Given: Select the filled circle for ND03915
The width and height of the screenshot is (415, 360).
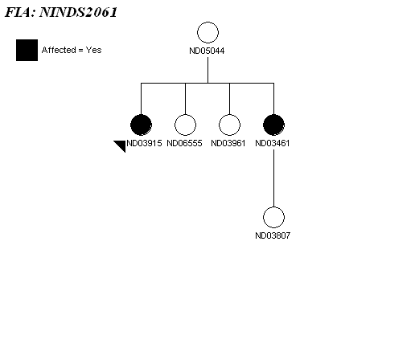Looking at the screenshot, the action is [x=141, y=125].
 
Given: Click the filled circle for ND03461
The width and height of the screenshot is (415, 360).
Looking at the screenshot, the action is [x=273, y=125].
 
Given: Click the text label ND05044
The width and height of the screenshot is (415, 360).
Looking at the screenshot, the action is [x=207, y=51].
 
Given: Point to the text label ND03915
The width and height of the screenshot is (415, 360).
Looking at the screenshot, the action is [x=144, y=143].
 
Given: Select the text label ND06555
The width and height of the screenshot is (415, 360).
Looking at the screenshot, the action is [x=184, y=143].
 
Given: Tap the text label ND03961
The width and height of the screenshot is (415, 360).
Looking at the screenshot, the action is [x=228, y=143].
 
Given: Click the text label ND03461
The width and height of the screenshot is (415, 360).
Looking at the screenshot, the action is [x=273, y=143].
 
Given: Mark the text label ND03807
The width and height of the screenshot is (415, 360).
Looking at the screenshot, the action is [x=273, y=235].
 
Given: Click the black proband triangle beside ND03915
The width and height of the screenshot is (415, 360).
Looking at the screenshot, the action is [x=121, y=145].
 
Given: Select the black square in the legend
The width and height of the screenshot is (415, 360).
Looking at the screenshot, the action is [x=27, y=50].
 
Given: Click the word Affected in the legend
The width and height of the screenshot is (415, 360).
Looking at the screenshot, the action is [x=59, y=50].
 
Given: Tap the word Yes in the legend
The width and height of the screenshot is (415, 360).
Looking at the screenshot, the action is [x=93, y=50].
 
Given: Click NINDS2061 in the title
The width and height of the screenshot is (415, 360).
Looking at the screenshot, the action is [x=78, y=12].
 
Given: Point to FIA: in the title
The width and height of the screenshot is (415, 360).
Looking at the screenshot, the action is [x=20, y=12].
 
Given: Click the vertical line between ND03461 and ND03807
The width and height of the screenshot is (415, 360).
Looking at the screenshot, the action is [x=273, y=178].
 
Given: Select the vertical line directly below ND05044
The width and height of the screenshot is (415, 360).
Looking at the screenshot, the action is [x=207, y=70].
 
